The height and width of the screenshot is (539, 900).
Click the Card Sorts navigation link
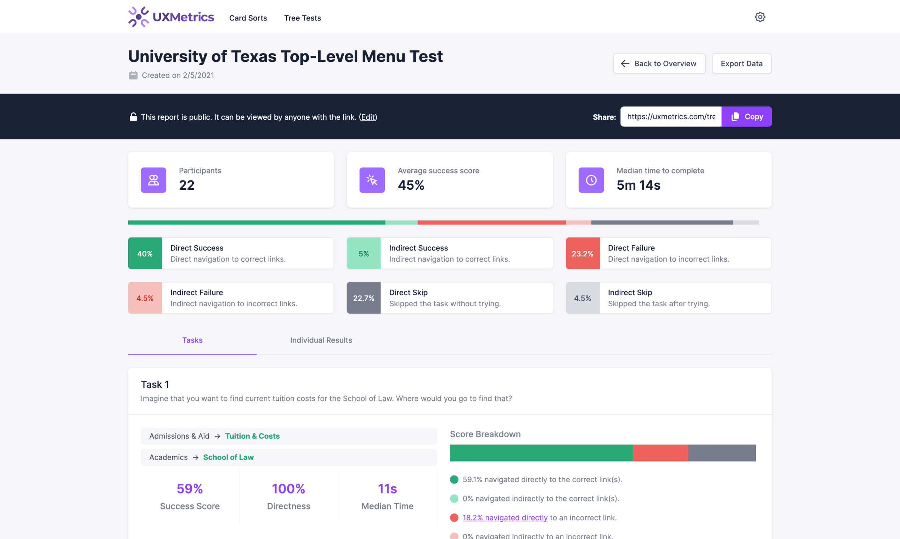(248, 18)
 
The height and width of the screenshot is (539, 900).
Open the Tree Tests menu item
(302, 18)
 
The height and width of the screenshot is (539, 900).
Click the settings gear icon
(760, 17)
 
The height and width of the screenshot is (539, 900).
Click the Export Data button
(741, 63)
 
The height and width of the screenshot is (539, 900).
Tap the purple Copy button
(747, 117)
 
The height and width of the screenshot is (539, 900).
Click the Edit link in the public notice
(368, 117)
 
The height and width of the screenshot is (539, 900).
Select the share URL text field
(671, 117)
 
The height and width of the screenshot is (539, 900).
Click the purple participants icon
(153, 180)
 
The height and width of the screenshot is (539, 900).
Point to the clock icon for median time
(591, 180)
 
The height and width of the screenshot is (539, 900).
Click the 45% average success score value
(411, 185)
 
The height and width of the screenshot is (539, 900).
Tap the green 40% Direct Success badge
(145, 254)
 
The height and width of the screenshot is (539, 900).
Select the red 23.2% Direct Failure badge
(583, 254)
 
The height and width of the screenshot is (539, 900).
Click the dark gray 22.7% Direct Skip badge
(364, 298)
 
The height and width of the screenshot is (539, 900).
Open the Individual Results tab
(321, 340)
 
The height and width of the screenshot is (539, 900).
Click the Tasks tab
(192, 340)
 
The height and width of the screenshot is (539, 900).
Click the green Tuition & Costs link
(252, 436)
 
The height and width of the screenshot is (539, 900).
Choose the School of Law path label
(228, 457)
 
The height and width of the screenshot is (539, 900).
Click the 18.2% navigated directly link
(505, 518)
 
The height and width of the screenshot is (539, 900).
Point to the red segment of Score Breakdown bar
(660, 453)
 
